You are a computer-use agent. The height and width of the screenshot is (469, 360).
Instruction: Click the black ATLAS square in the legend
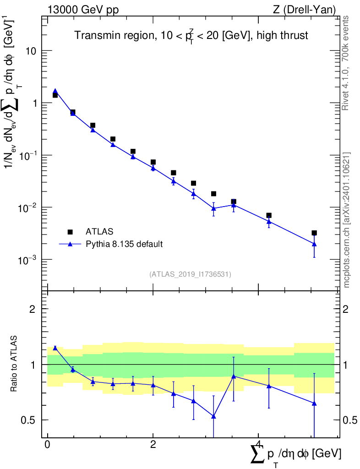click(70, 232)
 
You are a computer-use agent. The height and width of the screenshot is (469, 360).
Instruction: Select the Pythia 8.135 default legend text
click(124, 244)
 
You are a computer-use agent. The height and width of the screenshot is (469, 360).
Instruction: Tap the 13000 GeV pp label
click(83, 10)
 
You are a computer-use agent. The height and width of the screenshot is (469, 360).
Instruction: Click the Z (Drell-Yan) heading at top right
click(304, 10)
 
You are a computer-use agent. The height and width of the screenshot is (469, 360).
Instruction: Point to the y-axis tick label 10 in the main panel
click(31, 51)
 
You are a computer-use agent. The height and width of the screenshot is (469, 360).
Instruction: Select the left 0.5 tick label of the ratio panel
click(28, 420)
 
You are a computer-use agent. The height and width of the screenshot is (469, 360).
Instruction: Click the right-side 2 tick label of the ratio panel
click(346, 309)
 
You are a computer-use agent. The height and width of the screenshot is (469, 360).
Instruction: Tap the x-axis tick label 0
click(48, 444)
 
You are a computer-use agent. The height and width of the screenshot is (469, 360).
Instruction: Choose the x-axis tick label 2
click(153, 444)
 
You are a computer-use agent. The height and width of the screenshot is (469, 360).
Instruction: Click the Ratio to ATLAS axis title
click(14, 364)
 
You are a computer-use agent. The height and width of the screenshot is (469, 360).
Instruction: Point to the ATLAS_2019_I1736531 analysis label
click(190, 274)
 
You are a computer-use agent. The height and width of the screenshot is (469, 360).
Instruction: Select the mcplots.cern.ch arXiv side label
click(346, 220)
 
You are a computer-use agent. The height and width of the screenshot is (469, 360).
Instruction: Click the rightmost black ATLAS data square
click(314, 233)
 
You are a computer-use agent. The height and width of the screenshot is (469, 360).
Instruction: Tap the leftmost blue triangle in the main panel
click(55, 91)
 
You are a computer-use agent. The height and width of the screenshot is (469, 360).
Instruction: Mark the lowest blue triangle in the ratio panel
click(213, 416)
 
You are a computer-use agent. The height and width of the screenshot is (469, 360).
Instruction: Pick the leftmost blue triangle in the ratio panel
click(55, 348)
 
